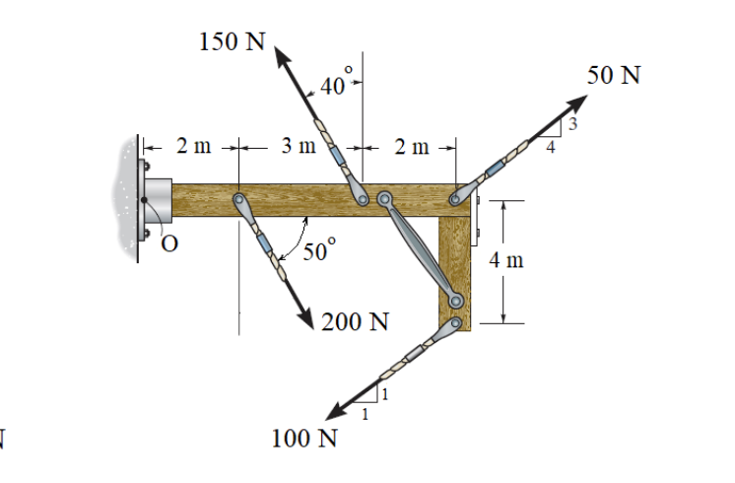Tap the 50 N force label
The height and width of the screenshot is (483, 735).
click(x=613, y=75)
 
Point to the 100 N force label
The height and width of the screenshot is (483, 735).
click(x=304, y=438)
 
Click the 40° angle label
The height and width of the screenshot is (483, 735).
click(x=333, y=87)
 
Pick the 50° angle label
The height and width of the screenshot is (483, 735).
click(x=318, y=250)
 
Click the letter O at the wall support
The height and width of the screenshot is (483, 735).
click(x=169, y=245)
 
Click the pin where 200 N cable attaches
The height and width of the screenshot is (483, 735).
click(x=239, y=201)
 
